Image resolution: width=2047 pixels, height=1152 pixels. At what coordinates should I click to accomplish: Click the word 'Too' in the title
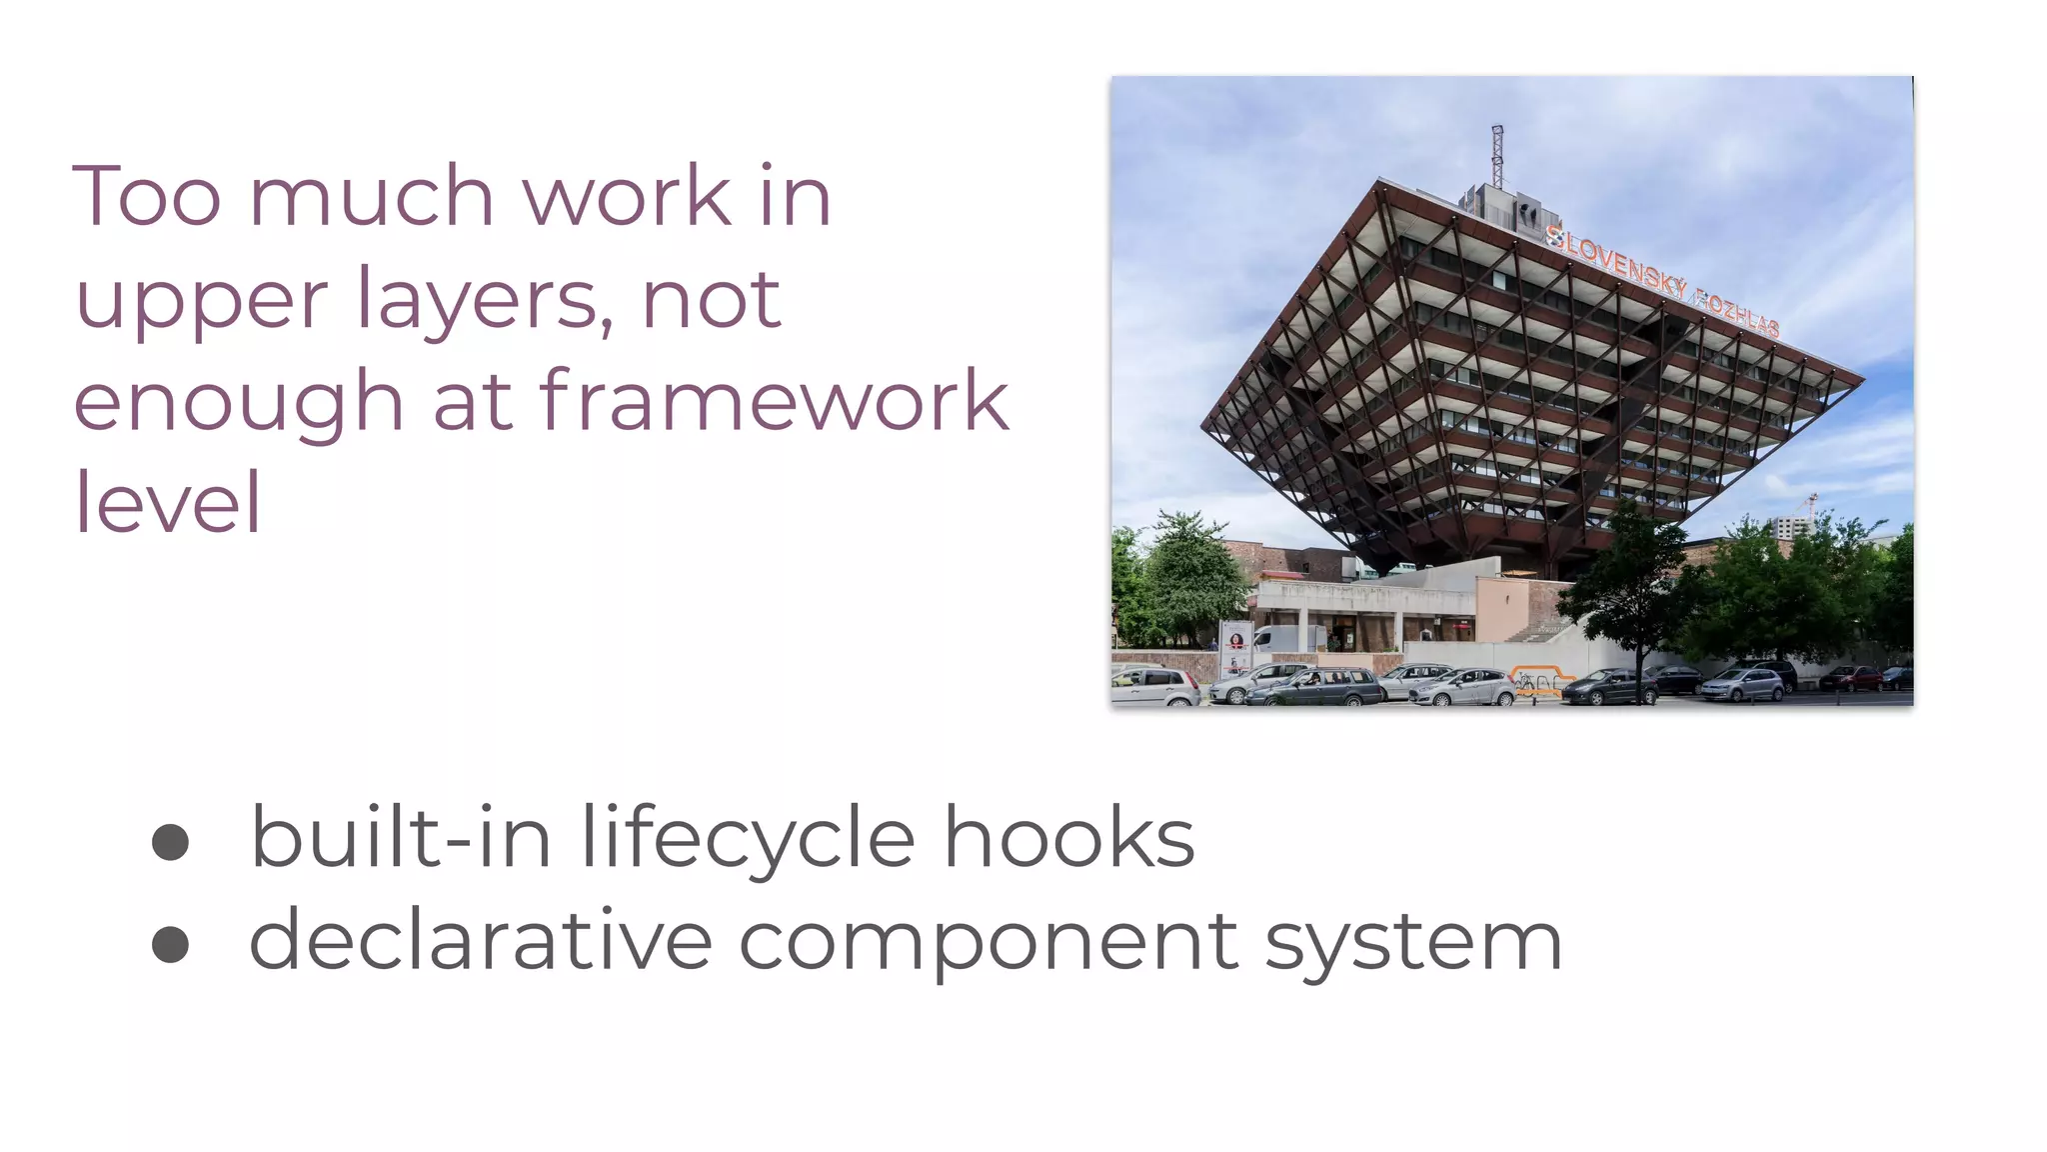(x=147, y=197)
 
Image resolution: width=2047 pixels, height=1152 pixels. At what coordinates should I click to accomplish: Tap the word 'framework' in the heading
(x=775, y=401)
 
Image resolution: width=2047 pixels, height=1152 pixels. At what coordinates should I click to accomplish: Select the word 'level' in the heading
(x=168, y=503)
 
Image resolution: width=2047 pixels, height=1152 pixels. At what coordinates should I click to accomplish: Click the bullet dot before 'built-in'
(x=170, y=842)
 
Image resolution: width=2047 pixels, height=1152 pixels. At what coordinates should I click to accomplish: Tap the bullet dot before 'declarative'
(x=170, y=944)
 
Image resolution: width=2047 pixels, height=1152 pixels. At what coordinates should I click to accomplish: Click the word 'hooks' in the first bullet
(x=1068, y=838)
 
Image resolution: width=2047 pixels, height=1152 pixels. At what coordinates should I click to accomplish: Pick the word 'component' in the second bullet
(x=989, y=943)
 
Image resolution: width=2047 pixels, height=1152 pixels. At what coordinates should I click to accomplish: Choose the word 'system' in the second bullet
(x=1413, y=943)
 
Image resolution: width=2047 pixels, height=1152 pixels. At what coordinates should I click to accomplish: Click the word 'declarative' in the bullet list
(x=480, y=941)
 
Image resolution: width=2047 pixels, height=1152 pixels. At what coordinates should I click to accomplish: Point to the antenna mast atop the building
(x=1496, y=157)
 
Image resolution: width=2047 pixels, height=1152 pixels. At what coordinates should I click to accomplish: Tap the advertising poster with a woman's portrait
(x=1236, y=648)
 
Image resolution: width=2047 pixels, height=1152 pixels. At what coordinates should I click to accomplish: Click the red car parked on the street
(x=1850, y=679)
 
